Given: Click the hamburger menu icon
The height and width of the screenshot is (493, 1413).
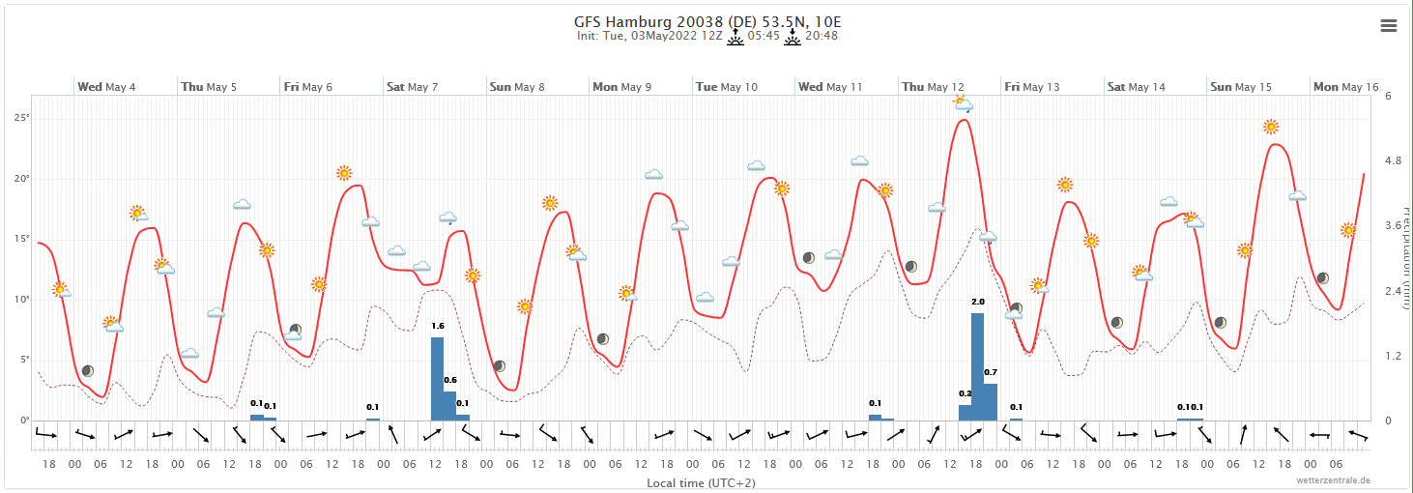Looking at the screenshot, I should (x=1389, y=26).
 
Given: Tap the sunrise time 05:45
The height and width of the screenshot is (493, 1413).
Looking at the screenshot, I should (x=764, y=37).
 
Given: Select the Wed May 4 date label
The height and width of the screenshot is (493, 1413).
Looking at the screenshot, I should (x=106, y=87).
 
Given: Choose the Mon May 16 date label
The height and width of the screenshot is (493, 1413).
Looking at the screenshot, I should (x=1345, y=87).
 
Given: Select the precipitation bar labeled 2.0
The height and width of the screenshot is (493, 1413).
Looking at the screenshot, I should (x=977, y=366).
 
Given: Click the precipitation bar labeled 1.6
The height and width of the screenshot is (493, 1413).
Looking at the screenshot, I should (x=437, y=378).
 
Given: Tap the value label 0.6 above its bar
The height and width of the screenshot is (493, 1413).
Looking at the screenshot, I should (x=450, y=380).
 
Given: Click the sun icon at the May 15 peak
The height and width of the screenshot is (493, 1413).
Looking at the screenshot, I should (x=1271, y=127).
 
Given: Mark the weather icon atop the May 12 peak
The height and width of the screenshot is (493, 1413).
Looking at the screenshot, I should (x=963, y=102).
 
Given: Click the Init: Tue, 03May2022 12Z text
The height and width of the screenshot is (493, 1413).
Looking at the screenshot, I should (x=649, y=37).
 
